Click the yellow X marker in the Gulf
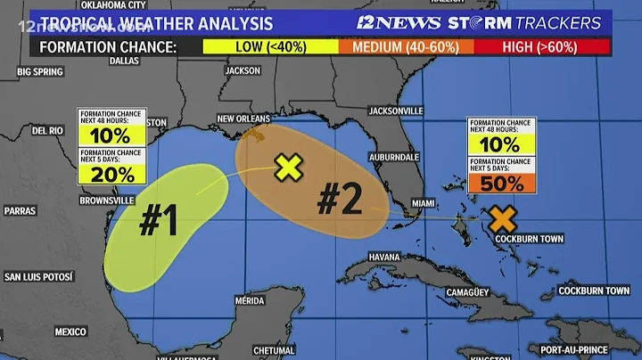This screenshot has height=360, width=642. [x=287, y=167]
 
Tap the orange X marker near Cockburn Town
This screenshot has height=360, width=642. [x=503, y=218]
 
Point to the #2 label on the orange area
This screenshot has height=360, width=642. [x=339, y=200]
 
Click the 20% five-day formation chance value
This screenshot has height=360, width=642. [x=111, y=174]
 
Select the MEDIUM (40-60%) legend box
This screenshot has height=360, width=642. [x=406, y=46]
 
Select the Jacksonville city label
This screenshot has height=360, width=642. [x=395, y=110]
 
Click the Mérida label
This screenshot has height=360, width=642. [x=251, y=300]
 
